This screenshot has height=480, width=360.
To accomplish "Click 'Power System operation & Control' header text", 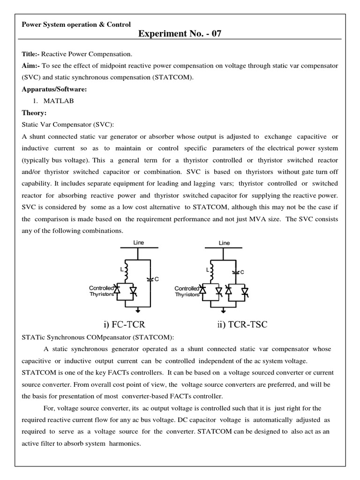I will (x=76, y=24).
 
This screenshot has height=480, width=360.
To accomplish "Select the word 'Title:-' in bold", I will (x=31, y=55).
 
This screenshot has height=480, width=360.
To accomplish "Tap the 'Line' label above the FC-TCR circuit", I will (x=138, y=243).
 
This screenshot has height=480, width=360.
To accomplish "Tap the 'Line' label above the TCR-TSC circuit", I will (x=225, y=243).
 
